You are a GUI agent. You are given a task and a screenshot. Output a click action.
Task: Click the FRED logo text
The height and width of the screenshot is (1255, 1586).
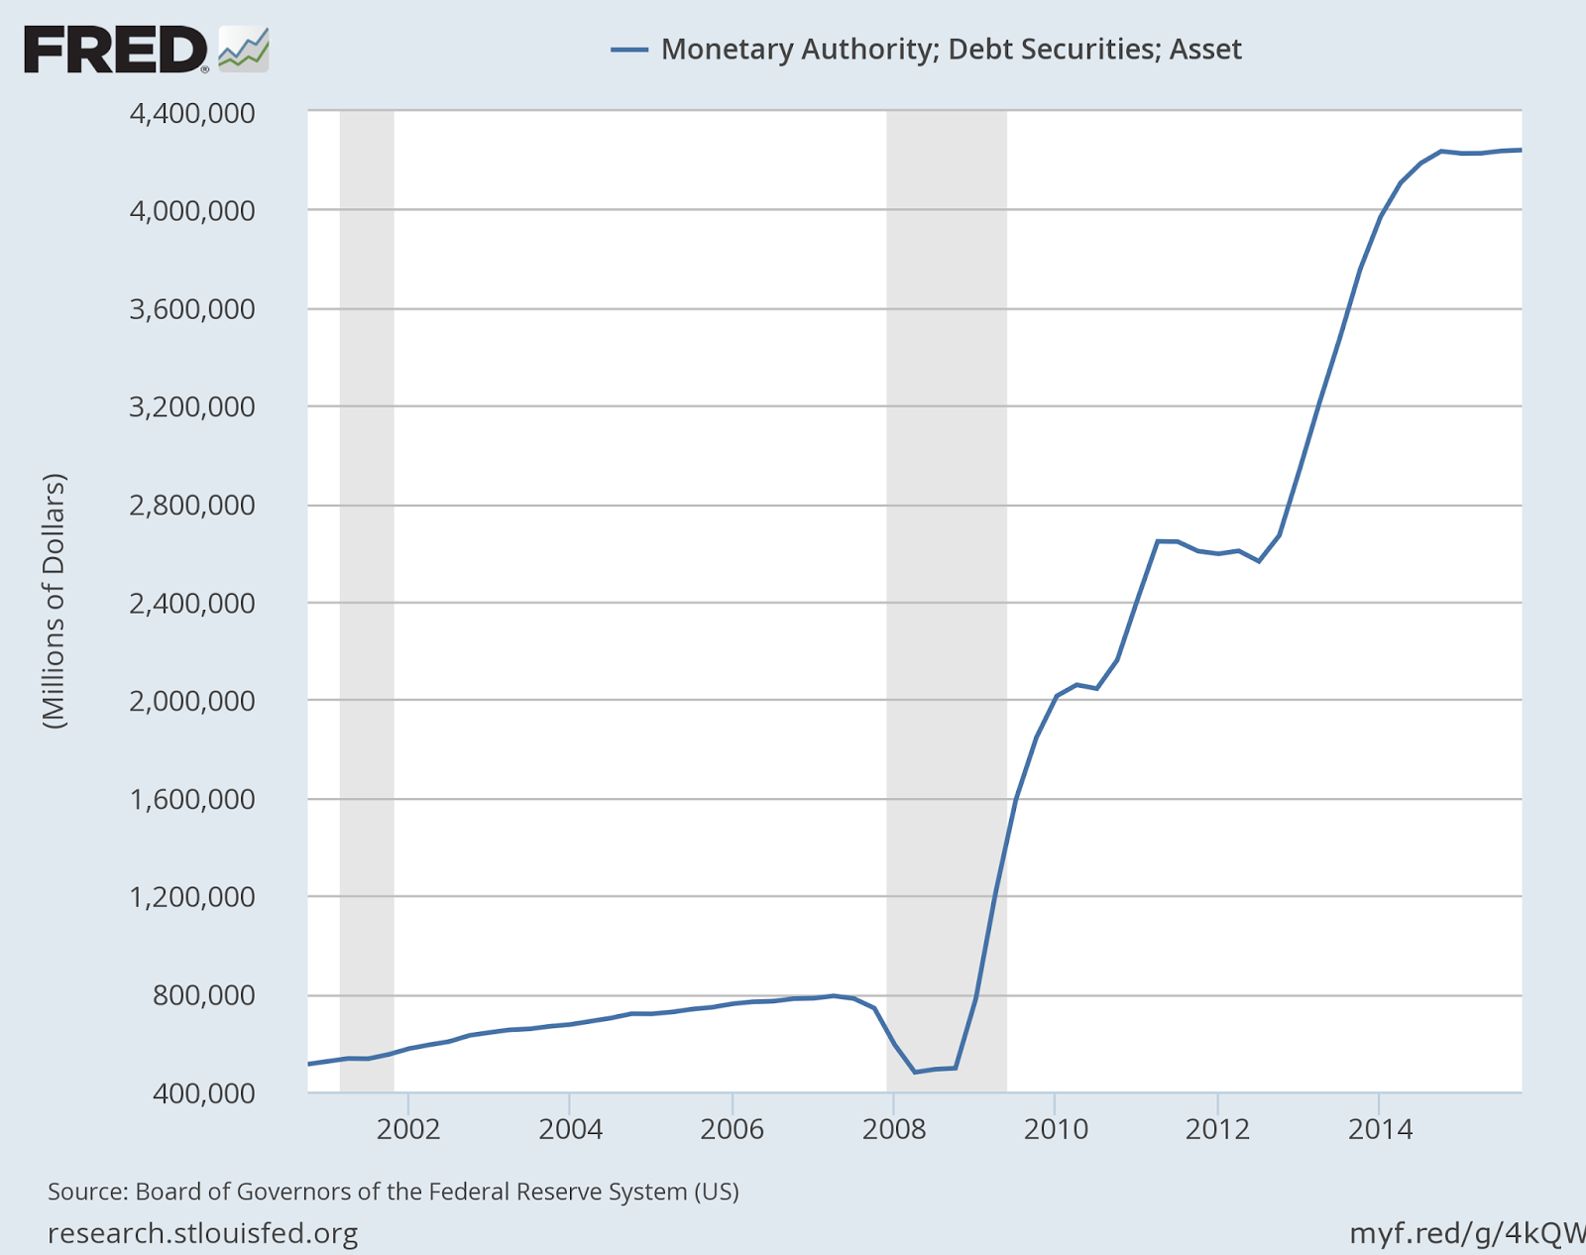(115, 50)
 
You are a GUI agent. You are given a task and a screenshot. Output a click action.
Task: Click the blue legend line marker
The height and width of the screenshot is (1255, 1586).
(629, 50)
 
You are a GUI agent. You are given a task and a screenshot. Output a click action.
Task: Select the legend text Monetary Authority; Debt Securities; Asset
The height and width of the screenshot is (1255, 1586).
(951, 50)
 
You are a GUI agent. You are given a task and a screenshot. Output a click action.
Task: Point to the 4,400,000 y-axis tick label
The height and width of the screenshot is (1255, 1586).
(192, 113)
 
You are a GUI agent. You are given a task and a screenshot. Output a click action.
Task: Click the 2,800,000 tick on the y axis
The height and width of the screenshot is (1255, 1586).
(192, 505)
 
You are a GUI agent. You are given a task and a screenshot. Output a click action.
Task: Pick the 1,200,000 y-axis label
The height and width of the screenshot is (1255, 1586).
(192, 896)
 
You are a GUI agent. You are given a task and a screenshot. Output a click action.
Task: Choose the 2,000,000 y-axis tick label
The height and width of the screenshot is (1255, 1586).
(192, 700)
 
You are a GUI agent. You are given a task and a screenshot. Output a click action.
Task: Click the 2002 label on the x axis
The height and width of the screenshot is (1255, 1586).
(407, 1129)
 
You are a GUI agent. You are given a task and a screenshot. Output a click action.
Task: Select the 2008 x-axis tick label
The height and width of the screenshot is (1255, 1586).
(893, 1129)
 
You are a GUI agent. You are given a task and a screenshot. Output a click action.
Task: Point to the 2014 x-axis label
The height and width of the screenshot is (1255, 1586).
(1379, 1129)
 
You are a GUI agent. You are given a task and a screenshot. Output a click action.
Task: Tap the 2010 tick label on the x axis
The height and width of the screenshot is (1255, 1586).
(1056, 1129)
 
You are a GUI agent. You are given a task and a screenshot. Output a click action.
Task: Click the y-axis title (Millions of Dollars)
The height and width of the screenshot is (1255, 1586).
(55, 602)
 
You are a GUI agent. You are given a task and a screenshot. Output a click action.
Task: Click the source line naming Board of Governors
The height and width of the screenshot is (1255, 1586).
(394, 1191)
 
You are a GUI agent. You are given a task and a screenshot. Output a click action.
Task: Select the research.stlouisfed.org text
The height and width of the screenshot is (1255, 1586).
(203, 1233)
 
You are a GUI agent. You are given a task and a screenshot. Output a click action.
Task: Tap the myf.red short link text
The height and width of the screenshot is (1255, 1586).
(1467, 1233)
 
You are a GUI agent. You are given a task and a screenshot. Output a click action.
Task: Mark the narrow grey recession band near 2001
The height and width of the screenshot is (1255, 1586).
(367, 595)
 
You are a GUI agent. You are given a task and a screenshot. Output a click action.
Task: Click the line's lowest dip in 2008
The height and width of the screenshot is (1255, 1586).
(915, 1072)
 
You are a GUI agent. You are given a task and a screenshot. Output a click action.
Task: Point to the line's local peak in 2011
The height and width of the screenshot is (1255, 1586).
(1157, 540)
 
